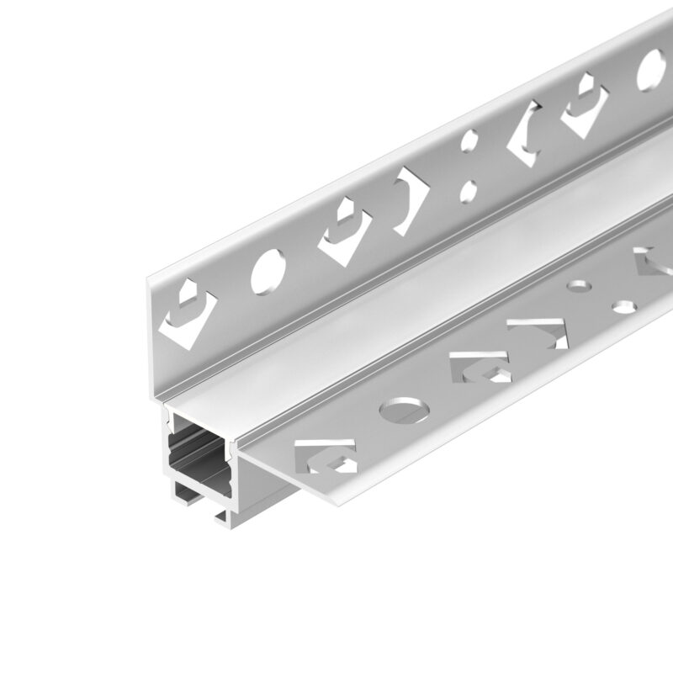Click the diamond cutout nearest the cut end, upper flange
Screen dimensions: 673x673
click(x=186, y=315)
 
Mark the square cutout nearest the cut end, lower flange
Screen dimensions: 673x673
click(x=324, y=454)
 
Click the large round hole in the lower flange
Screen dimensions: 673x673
click(x=405, y=411)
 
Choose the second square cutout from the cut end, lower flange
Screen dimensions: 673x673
click(x=480, y=367)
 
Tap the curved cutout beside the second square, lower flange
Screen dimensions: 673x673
click(x=538, y=332)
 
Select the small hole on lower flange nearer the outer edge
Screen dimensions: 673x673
click(x=623, y=305)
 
